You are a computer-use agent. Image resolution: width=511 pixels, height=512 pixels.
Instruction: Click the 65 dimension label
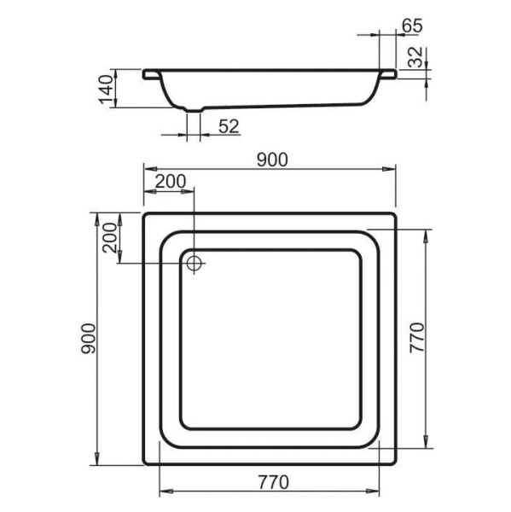point(412,26)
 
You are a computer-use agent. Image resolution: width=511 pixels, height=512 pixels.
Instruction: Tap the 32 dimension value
point(415,57)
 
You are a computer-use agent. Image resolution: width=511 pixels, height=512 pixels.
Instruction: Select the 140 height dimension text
point(106,90)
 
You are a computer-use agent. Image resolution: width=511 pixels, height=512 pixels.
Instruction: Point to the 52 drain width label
point(229,126)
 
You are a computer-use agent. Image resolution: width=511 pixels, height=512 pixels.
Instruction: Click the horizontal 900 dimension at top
point(272,160)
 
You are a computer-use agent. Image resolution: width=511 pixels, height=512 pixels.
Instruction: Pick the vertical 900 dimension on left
point(89,339)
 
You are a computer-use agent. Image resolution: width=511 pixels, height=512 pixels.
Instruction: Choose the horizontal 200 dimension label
point(171,181)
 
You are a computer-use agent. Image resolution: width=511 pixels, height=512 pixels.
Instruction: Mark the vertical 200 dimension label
point(110,238)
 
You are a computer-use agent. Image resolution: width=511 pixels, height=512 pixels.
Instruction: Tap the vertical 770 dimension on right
point(417,338)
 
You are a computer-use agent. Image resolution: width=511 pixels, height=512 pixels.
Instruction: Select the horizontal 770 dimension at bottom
point(274,482)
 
